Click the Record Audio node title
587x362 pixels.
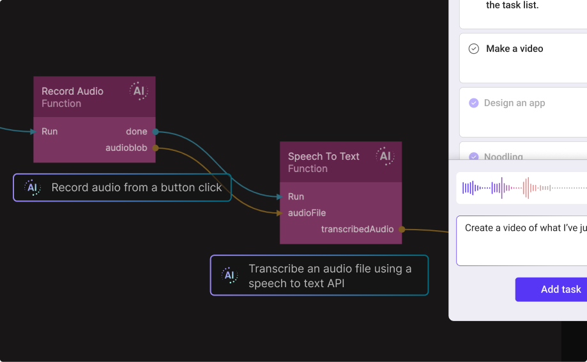click(x=72, y=91)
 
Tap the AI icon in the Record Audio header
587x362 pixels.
click(x=139, y=91)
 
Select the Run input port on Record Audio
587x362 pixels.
click(x=34, y=132)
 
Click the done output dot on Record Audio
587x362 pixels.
click(x=156, y=132)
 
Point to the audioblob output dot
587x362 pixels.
click(x=156, y=148)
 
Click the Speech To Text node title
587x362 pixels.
click(x=323, y=157)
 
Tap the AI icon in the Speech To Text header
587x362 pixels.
click(x=385, y=157)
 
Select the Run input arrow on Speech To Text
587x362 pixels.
click(x=280, y=197)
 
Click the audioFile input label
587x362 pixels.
click(x=307, y=213)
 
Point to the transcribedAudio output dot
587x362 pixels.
click(x=402, y=229)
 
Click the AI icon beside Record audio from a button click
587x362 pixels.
click(x=32, y=187)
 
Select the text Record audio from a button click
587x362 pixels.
click(x=137, y=187)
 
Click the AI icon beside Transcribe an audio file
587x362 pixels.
click(x=229, y=276)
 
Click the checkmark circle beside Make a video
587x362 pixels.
click(x=474, y=49)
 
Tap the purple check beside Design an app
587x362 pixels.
click(x=474, y=103)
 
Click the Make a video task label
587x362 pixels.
click(x=514, y=49)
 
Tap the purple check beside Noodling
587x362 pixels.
click(x=474, y=157)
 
